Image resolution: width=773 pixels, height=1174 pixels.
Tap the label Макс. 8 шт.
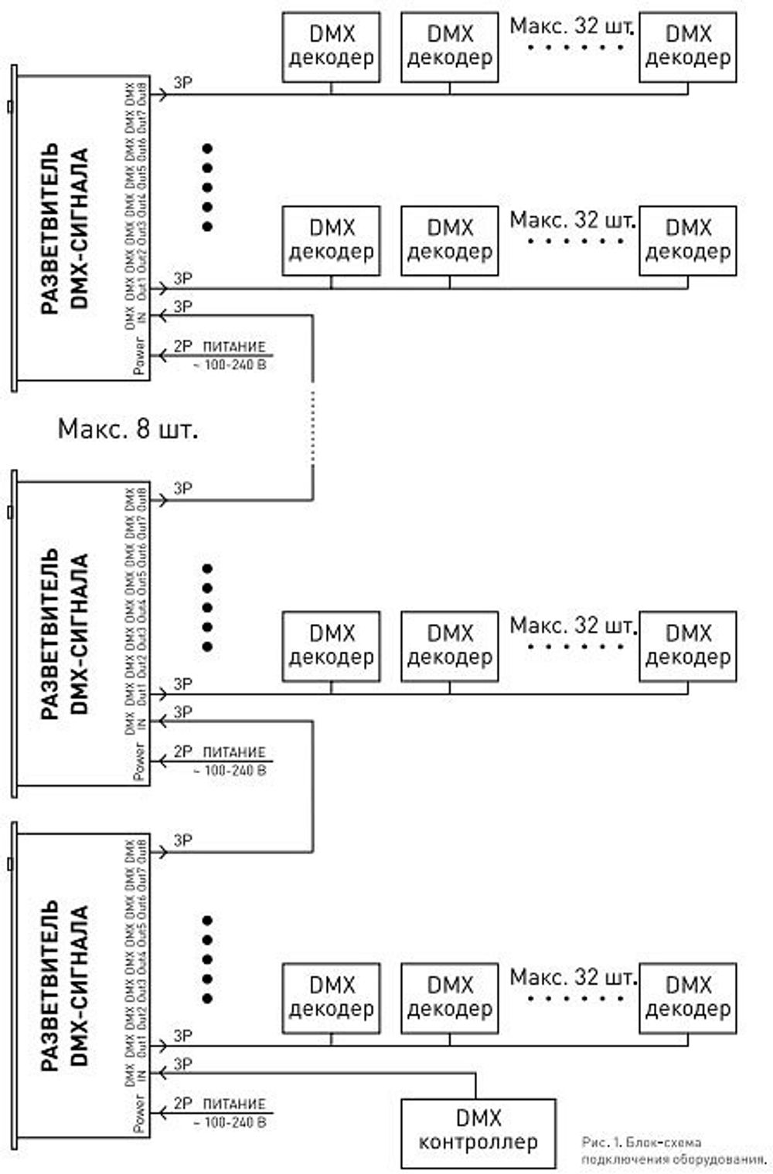128,429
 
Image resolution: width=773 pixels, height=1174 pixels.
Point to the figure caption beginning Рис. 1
673,1150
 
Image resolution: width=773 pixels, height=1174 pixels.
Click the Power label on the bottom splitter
139,1112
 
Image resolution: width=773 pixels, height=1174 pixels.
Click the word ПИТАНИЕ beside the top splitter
234,347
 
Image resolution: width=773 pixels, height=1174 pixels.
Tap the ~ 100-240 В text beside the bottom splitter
230,1121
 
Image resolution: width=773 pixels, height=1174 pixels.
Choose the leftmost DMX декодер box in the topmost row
331,47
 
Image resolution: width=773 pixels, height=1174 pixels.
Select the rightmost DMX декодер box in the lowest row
688,998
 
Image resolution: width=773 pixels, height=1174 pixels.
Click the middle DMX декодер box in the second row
449,240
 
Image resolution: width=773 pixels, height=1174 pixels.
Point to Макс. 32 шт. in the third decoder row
572,625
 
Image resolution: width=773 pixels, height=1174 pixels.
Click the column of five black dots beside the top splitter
206,188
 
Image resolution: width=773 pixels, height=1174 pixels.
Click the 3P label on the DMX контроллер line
182,1064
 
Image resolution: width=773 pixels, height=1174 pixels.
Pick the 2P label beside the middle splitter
182,751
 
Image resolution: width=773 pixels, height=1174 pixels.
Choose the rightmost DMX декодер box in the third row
688,646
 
